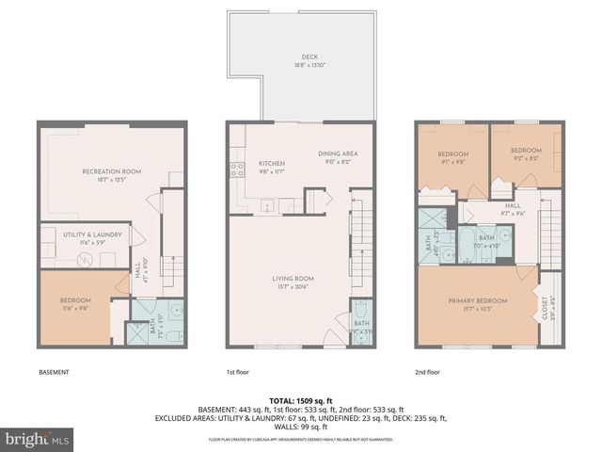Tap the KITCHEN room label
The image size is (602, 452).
coord(272,164)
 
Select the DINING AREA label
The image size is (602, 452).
coord(336,153)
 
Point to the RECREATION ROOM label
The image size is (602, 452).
coord(111,171)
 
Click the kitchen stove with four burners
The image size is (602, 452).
coord(236,170)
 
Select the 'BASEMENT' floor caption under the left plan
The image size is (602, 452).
coord(54,372)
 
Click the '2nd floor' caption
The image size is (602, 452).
coord(427,372)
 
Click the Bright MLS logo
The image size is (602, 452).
coord(37,439)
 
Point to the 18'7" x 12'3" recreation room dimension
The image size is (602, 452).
coord(111,181)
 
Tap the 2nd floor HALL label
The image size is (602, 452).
coord(513,204)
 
